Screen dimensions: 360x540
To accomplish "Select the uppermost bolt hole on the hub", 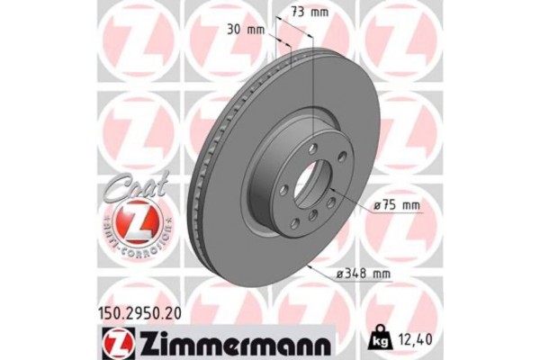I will (x=312, y=146).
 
